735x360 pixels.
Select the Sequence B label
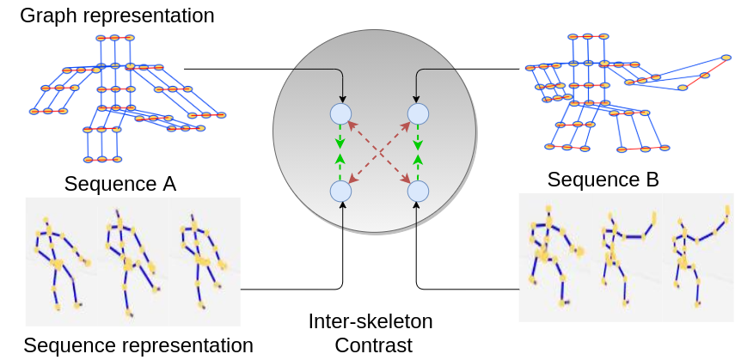pos(603,180)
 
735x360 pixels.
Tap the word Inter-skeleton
pos(371,322)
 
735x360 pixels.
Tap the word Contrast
pos(374,345)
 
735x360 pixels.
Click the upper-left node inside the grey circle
pos(341,113)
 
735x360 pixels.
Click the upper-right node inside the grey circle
pos(418,113)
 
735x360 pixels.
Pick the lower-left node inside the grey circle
pos(341,192)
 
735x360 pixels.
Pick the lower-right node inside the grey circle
pos(418,192)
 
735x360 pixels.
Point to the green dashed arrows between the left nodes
pos(340,152)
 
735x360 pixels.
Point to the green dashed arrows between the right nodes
pos(418,152)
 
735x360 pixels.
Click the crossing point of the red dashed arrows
pos(379,152)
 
